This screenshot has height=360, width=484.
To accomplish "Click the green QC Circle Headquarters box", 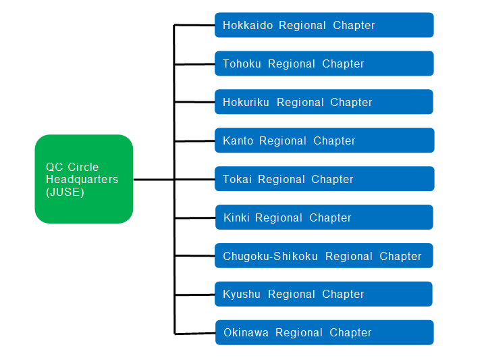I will tap(84, 179).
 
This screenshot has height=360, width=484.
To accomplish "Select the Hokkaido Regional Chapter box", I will tap(324, 25).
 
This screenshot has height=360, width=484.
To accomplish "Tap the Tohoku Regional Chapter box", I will tap(324, 63).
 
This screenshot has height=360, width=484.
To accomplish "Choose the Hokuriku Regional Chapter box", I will tap(324, 102).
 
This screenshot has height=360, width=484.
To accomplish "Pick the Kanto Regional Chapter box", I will tap(324, 140).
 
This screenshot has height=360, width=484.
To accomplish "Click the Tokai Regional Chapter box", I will tap(324, 179).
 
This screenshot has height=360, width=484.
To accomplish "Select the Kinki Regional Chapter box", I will tap(324, 217).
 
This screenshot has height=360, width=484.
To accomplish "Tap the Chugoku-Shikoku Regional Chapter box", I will tap(324, 256).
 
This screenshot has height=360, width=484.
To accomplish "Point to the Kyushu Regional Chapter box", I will tap(324, 294).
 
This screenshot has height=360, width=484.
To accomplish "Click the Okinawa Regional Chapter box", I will tap(324, 332).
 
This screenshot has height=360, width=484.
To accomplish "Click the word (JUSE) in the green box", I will tap(65, 192).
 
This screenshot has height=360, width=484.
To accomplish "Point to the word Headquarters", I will tap(82, 180).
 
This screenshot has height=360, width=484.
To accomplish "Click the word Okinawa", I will tap(246, 333).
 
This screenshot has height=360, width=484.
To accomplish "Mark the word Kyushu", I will tap(242, 294).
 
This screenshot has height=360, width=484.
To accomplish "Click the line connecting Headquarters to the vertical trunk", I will tap(153, 180).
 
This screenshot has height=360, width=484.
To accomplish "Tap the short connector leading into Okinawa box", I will tap(194, 333).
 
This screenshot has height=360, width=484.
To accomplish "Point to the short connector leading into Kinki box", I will tap(194, 218).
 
